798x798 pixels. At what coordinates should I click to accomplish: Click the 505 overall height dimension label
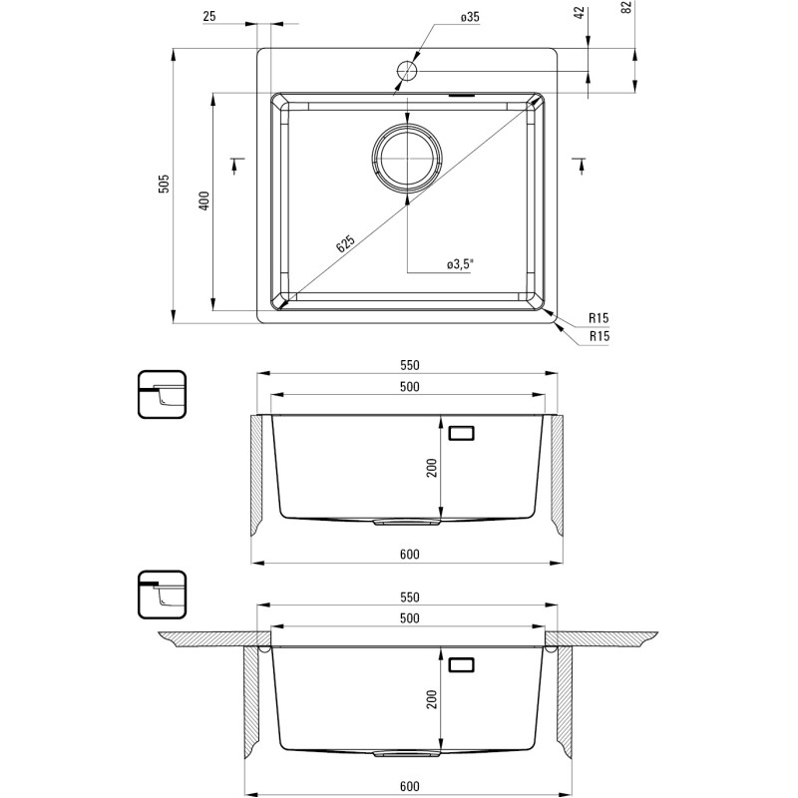(x=164, y=184)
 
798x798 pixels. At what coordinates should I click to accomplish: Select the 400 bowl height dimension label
(x=204, y=201)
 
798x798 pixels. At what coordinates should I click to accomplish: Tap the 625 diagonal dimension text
(x=346, y=243)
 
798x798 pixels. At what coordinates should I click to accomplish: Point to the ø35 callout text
(x=470, y=17)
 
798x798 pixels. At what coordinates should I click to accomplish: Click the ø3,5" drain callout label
(x=460, y=264)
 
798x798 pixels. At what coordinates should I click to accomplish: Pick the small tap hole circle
(x=407, y=70)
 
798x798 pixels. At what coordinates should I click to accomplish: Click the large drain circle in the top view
(x=407, y=159)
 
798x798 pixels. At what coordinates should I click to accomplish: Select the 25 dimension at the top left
(x=209, y=16)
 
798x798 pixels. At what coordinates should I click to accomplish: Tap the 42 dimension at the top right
(x=581, y=13)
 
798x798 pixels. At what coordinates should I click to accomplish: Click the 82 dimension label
(x=627, y=7)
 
